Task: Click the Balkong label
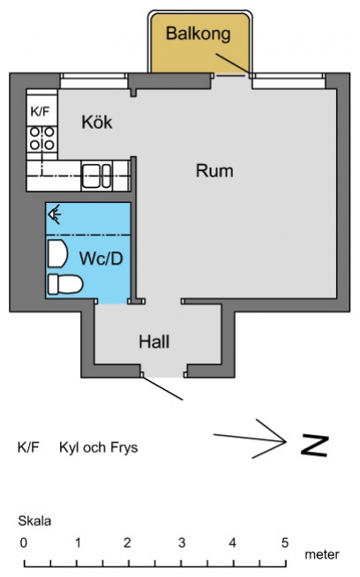click(x=198, y=34)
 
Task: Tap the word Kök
click(x=97, y=122)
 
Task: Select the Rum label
click(x=214, y=171)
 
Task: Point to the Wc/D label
click(x=101, y=259)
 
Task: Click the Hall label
click(x=154, y=341)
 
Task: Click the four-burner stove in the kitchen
click(x=42, y=138)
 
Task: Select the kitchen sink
click(x=96, y=176)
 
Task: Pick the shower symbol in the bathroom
click(x=55, y=215)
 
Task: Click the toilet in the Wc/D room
click(x=65, y=284)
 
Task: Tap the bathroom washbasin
click(x=57, y=253)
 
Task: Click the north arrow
click(x=251, y=439)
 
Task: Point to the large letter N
click(x=315, y=446)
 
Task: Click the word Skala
click(x=34, y=521)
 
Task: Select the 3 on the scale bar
click(x=182, y=543)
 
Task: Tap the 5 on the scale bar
click(x=284, y=543)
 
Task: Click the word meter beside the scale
click(x=322, y=555)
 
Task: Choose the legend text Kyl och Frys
click(x=99, y=448)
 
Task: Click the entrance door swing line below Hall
click(x=162, y=388)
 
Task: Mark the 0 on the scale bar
click(x=24, y=543)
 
